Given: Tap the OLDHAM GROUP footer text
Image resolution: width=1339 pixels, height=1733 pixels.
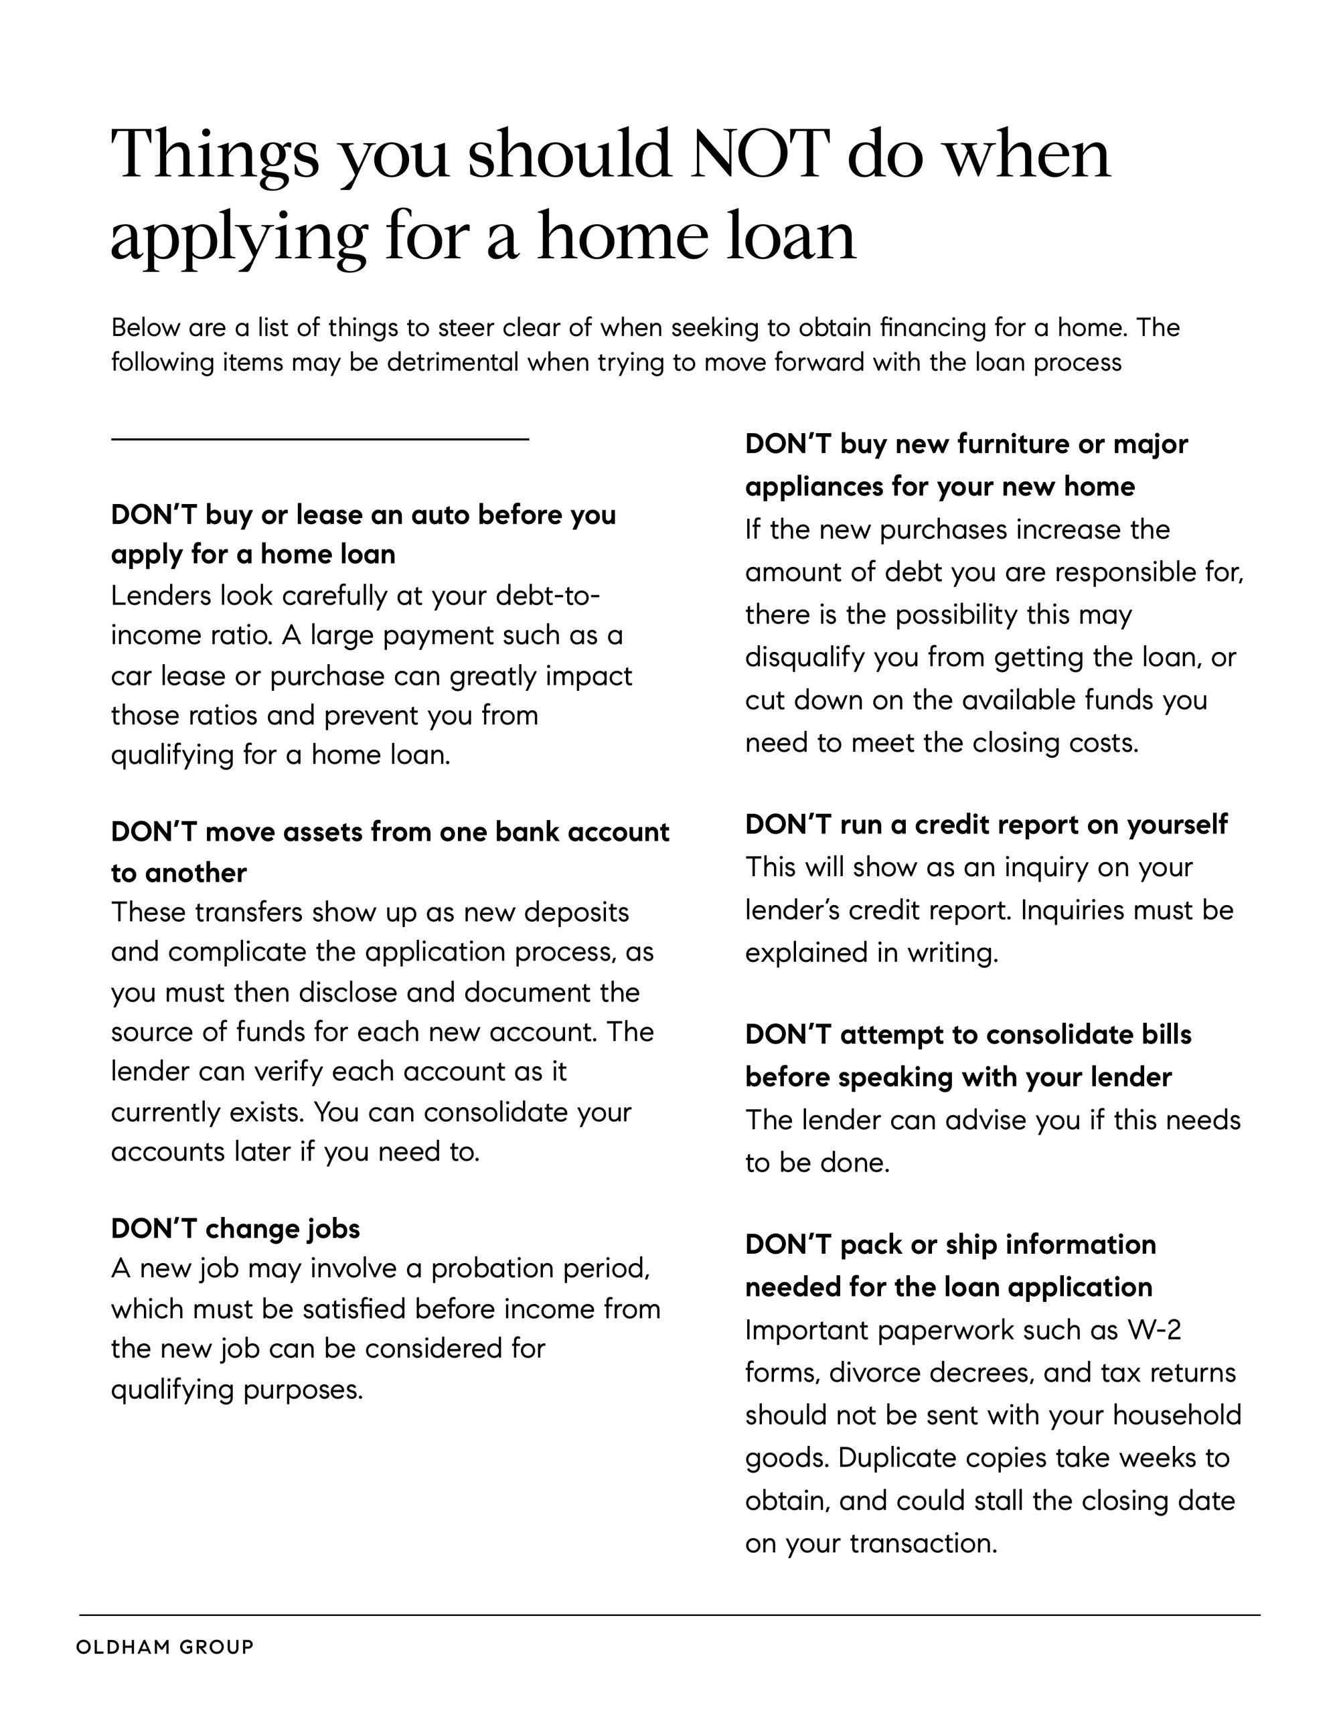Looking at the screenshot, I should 165,1647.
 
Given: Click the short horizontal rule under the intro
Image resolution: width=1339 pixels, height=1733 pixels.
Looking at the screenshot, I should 319,438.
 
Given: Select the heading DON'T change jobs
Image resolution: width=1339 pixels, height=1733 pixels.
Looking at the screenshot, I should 235,1228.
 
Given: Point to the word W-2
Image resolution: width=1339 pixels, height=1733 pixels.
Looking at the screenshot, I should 1154,1330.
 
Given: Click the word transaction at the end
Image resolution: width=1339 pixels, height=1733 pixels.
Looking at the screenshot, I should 923,1544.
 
